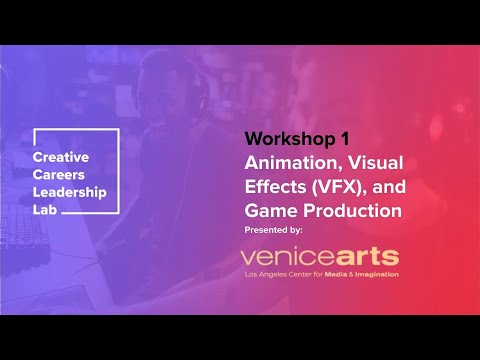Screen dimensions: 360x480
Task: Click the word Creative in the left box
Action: (60, 158)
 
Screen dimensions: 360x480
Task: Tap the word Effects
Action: (274, 186)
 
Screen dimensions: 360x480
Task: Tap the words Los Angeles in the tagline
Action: (268, 274)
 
